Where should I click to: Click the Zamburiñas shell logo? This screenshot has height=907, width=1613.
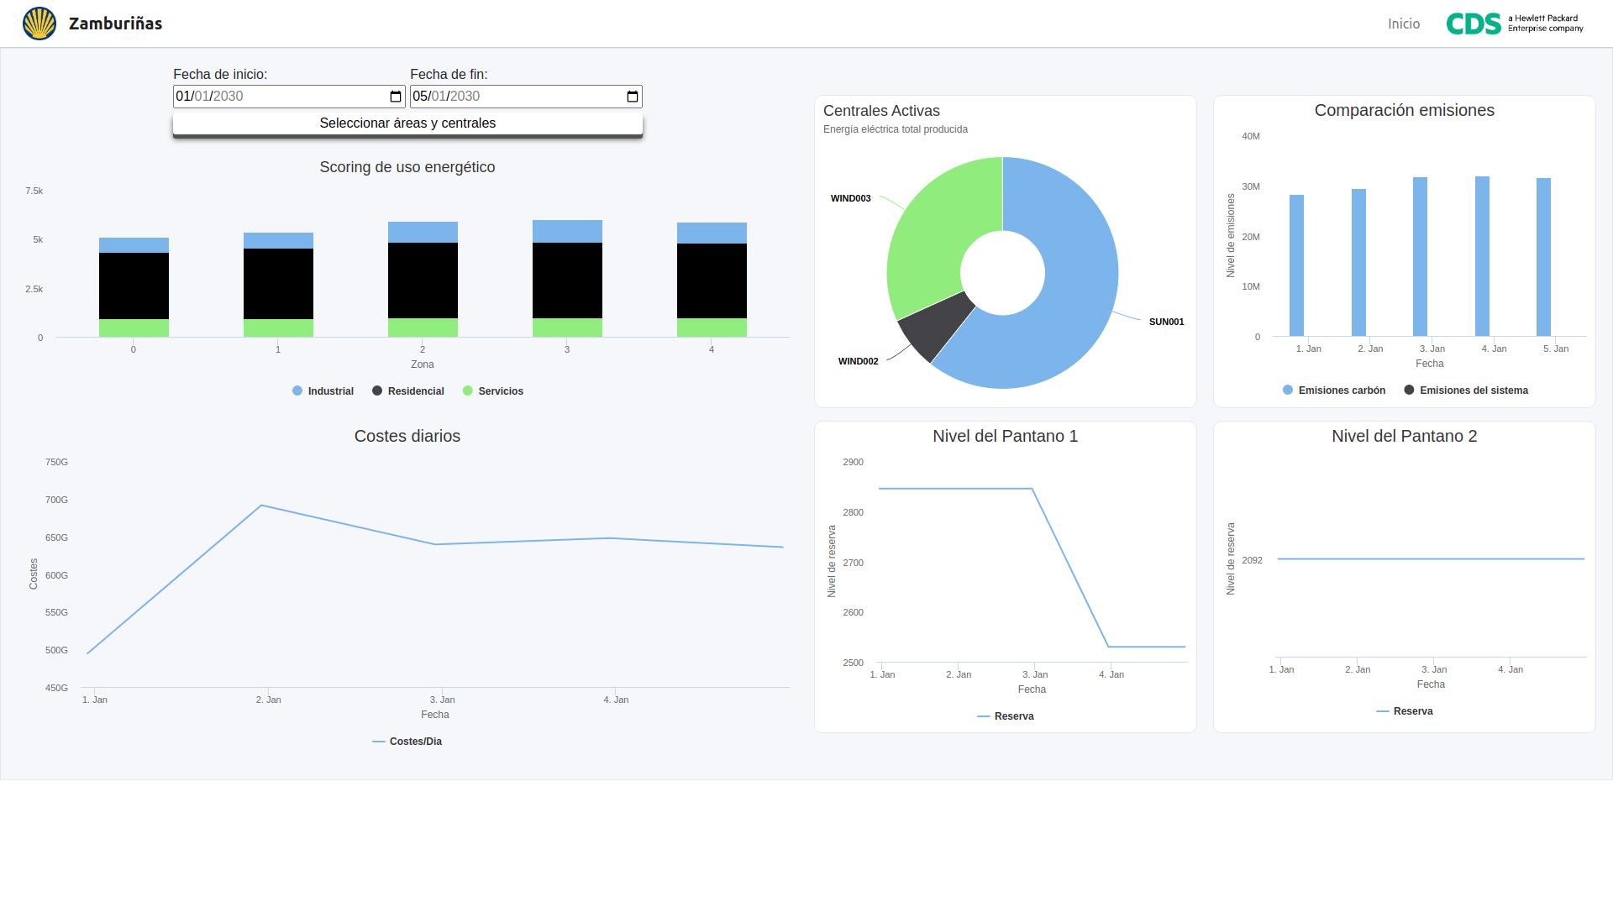[39, 24]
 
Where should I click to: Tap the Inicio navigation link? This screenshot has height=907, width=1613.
[1403, 24]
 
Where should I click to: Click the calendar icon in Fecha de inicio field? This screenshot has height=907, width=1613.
[396, 97]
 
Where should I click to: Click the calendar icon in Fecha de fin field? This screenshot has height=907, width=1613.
[633, 97]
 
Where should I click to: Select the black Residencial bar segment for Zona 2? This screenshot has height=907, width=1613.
[423, 280]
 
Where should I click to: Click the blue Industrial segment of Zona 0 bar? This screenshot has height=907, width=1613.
[134, 245]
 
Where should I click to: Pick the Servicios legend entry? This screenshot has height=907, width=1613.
[493, 391]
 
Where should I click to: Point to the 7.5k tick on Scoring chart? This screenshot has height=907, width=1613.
[34, 191]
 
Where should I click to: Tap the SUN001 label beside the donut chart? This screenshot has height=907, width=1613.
[1166, 322]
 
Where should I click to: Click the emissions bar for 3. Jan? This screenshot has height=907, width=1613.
[1420, 256]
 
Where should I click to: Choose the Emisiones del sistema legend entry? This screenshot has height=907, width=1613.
[1466, 391]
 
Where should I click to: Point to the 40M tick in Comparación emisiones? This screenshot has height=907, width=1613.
[1251, 136]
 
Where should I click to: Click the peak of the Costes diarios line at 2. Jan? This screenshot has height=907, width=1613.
[262, 506]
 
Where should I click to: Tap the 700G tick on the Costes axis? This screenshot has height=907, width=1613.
[56, 500]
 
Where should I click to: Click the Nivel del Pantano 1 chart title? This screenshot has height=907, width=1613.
[1005, 436]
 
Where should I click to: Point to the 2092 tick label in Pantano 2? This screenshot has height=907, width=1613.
[1252, 560]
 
